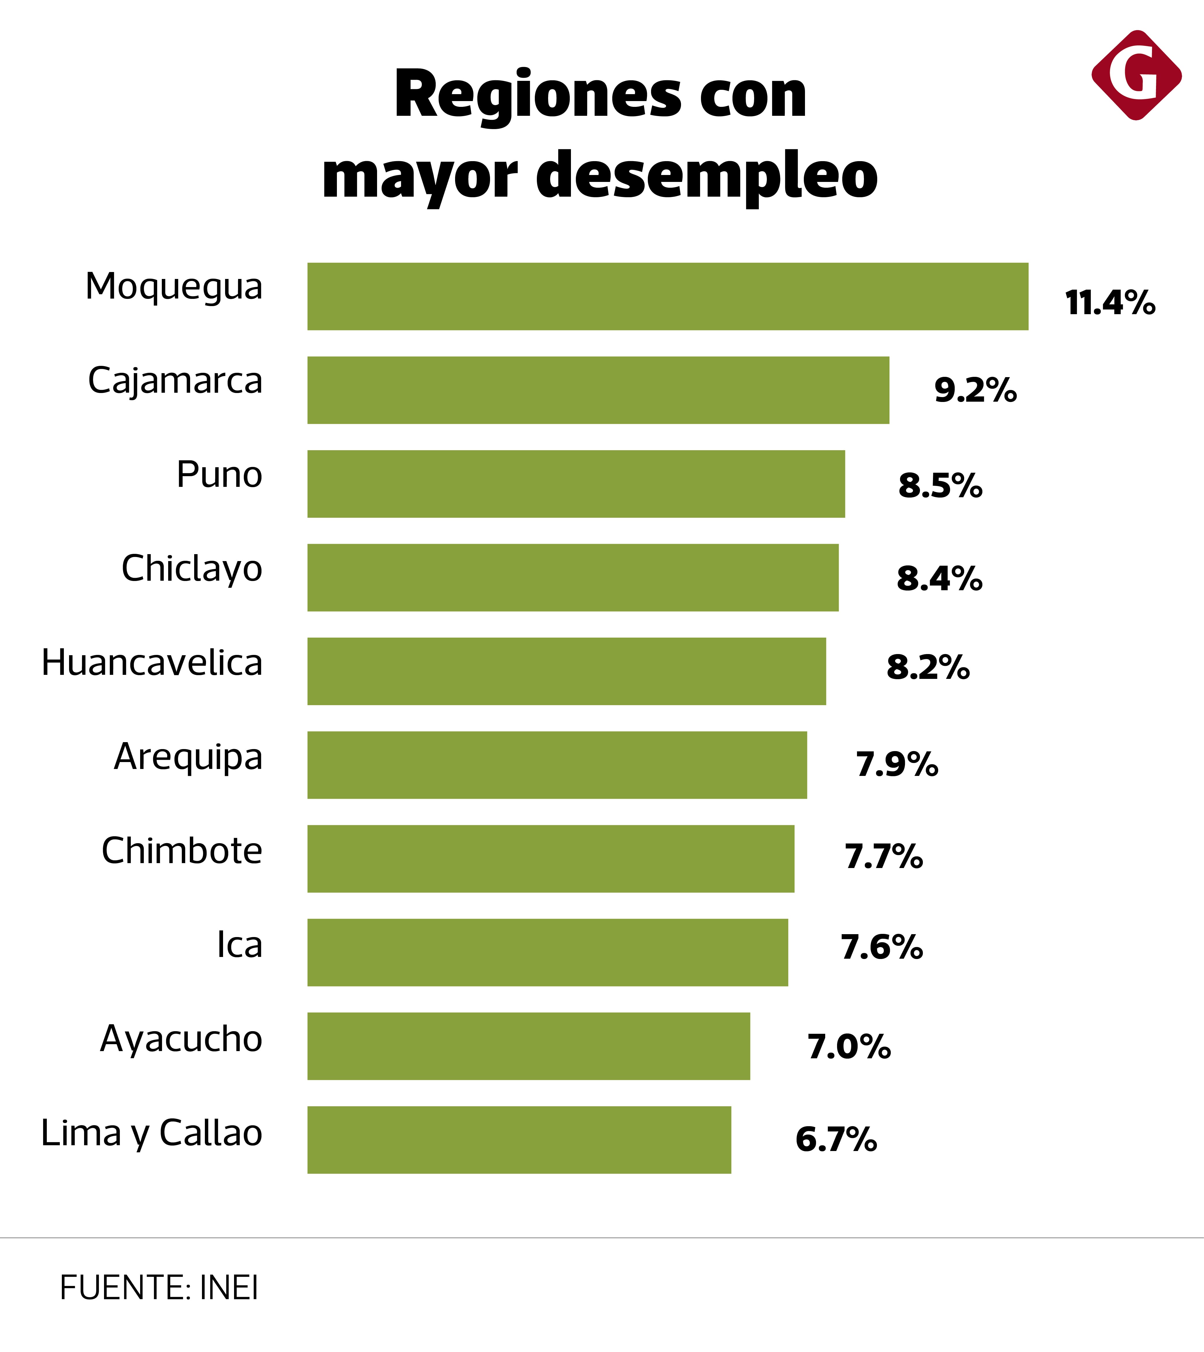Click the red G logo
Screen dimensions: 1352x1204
1136,75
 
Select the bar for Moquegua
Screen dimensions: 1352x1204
667,296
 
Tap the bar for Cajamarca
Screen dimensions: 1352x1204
598,390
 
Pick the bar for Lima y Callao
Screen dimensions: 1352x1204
519,1140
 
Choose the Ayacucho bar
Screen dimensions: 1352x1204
528,1046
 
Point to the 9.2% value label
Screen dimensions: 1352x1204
975,390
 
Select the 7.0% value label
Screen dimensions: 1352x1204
849,1046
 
